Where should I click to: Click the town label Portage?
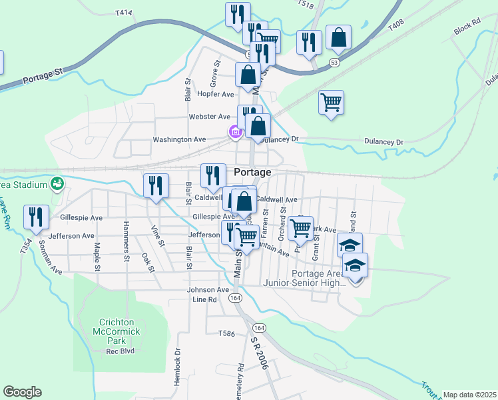point(253,172)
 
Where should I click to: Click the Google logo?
point(22,392)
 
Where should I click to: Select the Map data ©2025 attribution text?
point(469,395)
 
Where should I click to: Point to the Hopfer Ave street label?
point(214,95)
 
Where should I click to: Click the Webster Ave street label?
point(210,117)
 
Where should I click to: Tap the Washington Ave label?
point(179,140)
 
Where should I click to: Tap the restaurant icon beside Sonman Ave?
point(36,217)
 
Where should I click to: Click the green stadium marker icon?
point(58,183)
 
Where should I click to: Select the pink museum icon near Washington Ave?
point(234,132)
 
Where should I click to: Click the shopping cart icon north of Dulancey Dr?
point(331,102)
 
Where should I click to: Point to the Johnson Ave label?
point(208,290)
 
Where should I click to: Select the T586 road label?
point(226,333)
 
